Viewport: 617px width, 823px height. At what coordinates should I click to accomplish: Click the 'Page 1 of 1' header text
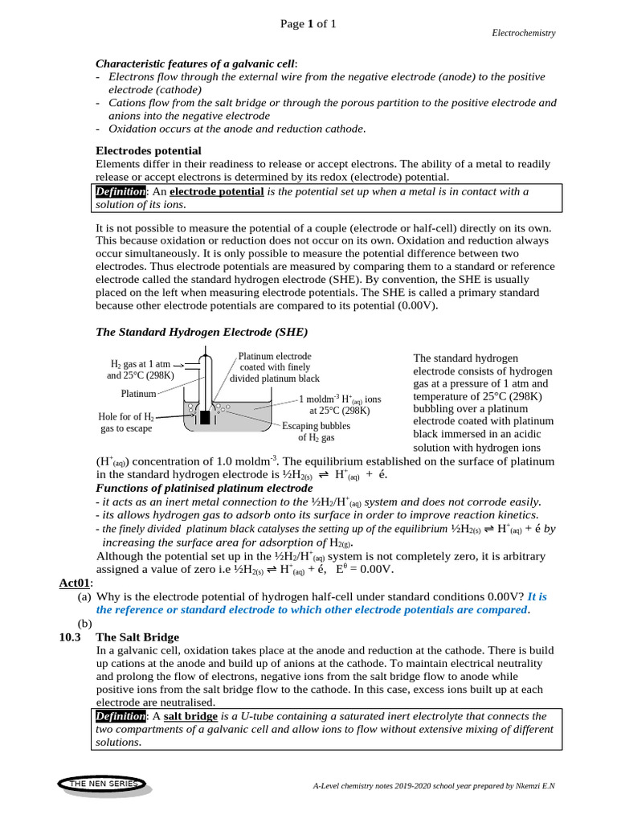(x=308, y=24)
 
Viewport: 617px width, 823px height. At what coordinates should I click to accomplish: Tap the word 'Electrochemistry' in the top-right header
(x=523, y=33)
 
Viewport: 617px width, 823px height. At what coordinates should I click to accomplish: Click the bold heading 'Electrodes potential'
(x=149, y=150)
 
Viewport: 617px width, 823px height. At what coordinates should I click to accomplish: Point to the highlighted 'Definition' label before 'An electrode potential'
(x=121, y=191)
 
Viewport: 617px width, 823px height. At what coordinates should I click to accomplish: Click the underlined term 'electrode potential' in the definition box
(x=217, y=191)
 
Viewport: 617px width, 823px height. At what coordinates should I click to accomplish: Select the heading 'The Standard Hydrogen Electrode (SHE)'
(x=202, y=332)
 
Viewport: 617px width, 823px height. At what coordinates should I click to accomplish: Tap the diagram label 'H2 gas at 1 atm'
(x=141, y=363)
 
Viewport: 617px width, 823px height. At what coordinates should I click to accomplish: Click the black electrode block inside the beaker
(x=205, y=417)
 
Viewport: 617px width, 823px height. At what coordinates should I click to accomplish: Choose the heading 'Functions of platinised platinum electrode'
(x=204, y=488)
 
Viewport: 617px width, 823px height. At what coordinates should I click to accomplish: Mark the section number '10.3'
(x=72, y=637)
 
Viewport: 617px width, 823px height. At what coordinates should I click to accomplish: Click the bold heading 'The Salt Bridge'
(x=137, y=637)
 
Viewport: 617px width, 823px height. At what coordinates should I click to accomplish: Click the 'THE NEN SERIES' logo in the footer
(x=104, y=783)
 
